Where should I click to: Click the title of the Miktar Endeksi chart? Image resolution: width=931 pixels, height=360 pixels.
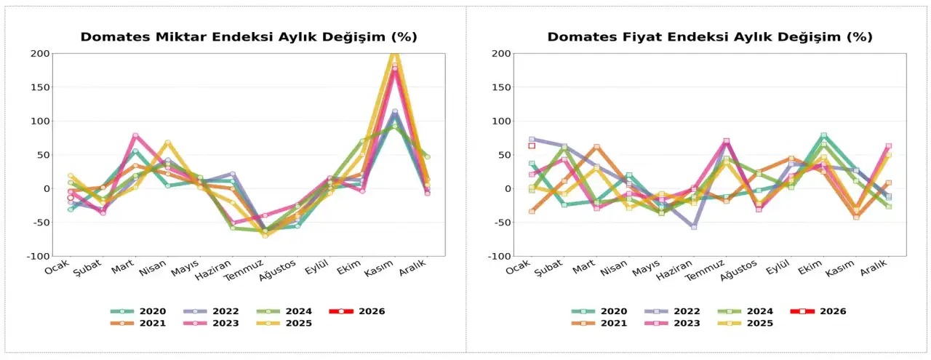click(249, 37)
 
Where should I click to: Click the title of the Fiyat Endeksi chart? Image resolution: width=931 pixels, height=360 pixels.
click(710, 37)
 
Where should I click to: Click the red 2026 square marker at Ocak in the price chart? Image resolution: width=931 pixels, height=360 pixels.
click(532, 145)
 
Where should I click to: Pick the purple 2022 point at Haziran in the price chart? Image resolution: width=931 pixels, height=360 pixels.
click(694, 227)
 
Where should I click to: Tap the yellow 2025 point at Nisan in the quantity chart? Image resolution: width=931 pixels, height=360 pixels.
click(168, 143)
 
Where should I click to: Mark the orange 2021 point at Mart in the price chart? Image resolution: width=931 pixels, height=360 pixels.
click(596, 147)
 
